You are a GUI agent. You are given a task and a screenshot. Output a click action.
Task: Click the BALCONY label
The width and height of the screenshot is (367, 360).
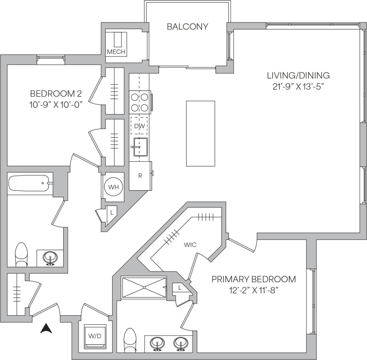click(187, 27)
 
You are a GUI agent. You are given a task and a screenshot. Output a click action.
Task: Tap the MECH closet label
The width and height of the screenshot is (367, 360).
click(116, 52)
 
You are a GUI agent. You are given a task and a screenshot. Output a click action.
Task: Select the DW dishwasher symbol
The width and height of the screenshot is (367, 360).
click(139, 126)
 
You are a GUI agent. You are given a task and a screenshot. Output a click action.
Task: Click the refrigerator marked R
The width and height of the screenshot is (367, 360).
click(140, 176)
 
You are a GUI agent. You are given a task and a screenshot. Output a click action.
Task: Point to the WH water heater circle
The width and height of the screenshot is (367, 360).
click(113, 187)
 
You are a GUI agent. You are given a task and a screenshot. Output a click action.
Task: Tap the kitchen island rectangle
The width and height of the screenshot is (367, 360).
click(200, 134)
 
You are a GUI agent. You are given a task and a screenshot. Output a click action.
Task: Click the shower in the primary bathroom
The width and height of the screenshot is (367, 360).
click(143, 287)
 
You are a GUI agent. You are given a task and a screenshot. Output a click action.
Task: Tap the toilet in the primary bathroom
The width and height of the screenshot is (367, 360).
click(130, 340)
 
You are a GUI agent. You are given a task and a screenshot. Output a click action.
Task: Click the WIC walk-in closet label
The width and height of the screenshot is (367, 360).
click(190, 245)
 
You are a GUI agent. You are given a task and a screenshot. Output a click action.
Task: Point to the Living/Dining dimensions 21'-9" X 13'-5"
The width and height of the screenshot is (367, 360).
click(298, 87)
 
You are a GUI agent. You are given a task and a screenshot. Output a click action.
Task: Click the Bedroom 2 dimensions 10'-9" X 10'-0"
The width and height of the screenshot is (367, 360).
click(56, 105)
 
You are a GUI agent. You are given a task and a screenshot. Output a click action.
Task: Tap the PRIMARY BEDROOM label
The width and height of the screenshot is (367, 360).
click(254, 279)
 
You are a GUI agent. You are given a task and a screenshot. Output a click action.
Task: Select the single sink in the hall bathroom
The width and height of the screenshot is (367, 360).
click(50, 258)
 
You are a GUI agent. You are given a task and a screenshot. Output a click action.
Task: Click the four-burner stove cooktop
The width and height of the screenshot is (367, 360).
click(139, 102)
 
